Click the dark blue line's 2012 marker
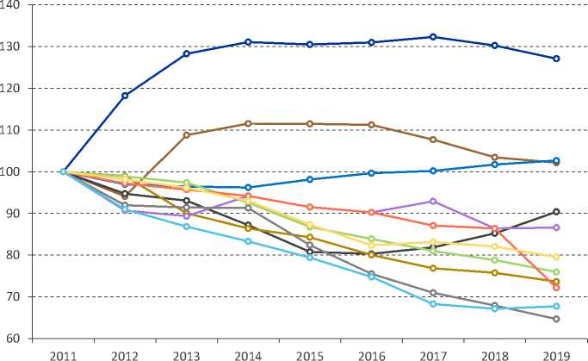point(125,96)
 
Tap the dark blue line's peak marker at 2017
point(433,37)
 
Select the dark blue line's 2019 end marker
point(556,59)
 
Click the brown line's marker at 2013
point(187,134)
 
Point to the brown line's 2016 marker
point(371,125)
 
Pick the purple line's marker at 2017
point(433,201)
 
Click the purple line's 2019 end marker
point(556,227)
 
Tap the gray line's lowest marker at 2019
point(556,319)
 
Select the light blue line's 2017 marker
point(433,304)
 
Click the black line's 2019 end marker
point(556,212)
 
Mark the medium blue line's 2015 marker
point(310,179)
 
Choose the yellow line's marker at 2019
point(556,257)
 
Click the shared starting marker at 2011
point(64,171)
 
